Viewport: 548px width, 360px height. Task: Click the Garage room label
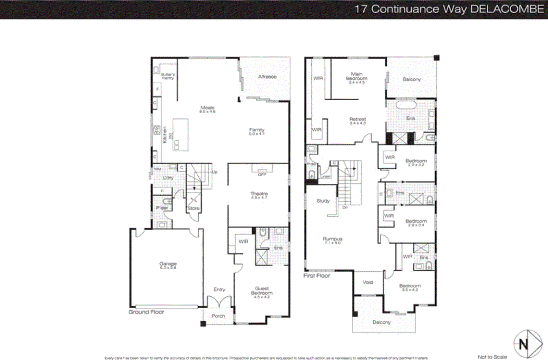[168, 265]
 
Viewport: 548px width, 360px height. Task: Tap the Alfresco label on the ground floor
[267, 77]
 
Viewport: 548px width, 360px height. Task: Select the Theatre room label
[259, 195]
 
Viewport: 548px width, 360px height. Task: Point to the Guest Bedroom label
[262, 292]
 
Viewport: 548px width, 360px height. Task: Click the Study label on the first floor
[323, 201]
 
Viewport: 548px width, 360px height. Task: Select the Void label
[368, 282]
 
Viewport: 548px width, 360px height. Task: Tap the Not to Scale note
[492, 357]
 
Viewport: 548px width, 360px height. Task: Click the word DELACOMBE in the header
[507, 9]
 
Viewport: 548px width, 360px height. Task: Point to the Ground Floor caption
[146, 312]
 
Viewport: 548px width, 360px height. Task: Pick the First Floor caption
[316, 275]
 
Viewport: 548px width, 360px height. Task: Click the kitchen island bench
[180, 134]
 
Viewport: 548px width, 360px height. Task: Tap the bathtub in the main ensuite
[406, 104]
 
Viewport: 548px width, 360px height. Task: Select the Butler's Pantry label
[168, 76]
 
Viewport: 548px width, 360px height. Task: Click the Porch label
[218, 316]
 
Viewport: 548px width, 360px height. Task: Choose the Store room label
[193, 208]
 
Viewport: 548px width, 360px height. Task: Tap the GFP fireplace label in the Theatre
[262, 175]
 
